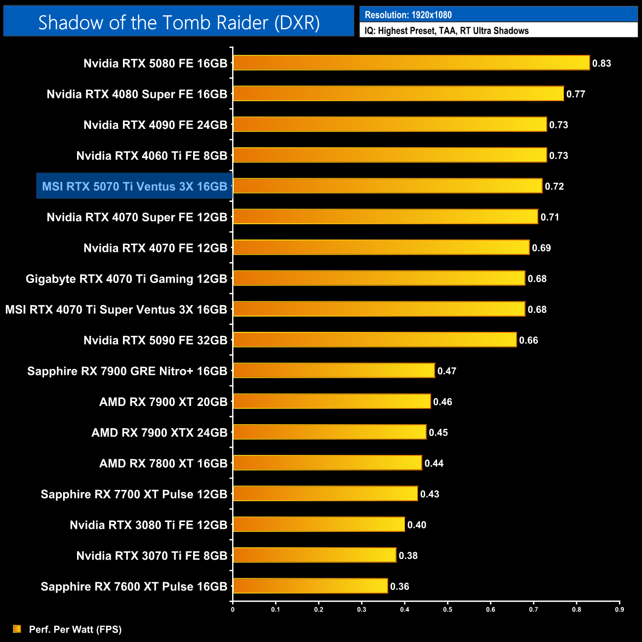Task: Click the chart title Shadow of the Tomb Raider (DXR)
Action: click(x=179, y=22)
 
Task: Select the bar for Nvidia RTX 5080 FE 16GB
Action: click(x=411, y=63)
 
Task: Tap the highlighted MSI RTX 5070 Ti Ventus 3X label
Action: click(x=134, y=186)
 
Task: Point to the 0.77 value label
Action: click(x=575, y=94)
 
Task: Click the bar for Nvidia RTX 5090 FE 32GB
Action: click(x=374, y=340)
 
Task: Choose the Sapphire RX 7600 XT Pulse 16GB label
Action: click(x=134, y=586)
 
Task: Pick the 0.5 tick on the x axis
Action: click(x=447, y=609)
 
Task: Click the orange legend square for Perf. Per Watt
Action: click(x=17, y=629)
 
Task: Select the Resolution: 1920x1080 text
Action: click(x=408, y=15)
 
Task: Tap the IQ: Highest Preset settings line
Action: click(x=446, y=31)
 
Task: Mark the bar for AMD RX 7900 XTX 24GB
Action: click(x=329, y=432)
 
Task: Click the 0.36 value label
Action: click(x=400, y=586)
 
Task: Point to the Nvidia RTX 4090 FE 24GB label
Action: click(x=155, y=125)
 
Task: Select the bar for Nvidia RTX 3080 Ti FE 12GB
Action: click(x=319, y=524)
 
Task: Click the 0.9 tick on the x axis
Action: click(x=619, y=609)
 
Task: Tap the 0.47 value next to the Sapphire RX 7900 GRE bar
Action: click(x=446, y=371)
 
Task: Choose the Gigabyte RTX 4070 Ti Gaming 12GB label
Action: click(x=126, y=279)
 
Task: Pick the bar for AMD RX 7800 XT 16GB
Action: click(x=327, y=463)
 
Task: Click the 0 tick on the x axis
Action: click(x=233, y=609)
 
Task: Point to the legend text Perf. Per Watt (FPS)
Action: click(x=75, y=629)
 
